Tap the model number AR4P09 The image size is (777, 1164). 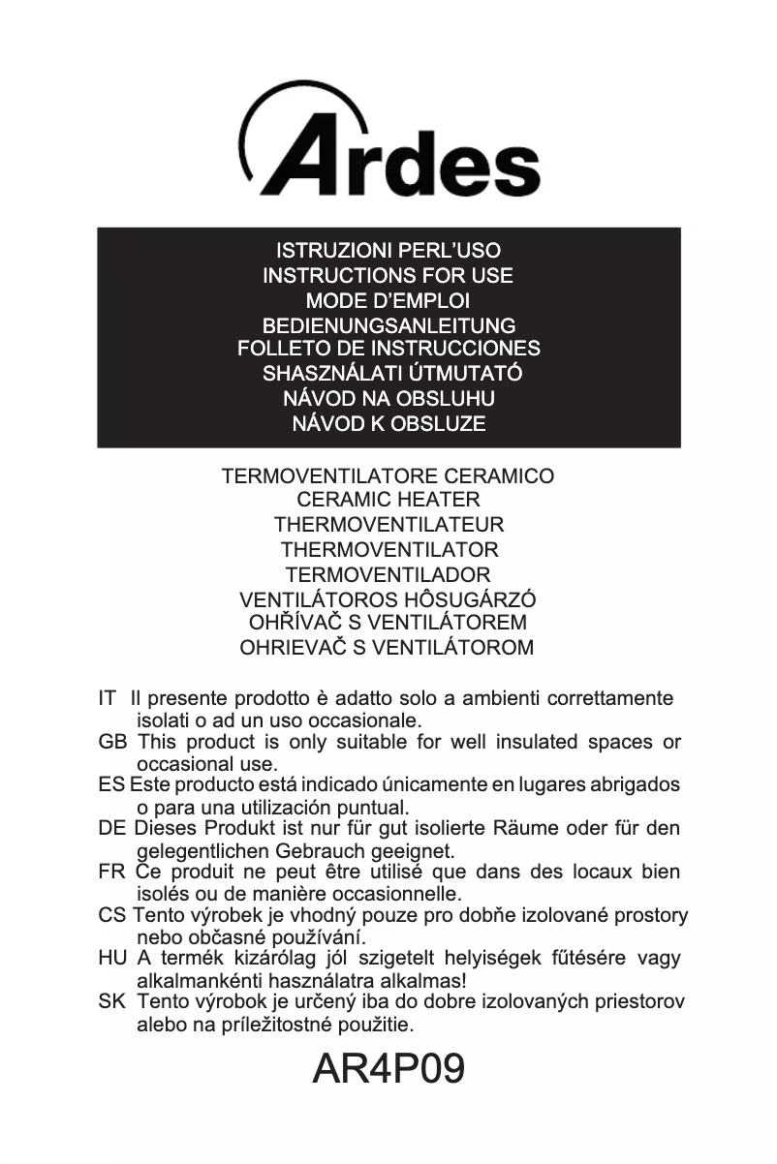(x=389, y=1068)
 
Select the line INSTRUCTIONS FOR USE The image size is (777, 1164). (x=388, y=276)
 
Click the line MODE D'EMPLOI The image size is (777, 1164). (x=388, y=301)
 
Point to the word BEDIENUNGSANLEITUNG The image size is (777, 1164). (x=388, y=326)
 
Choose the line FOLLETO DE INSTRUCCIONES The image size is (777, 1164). (x=388, y=349)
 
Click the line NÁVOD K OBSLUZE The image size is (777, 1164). (x=388, y=423)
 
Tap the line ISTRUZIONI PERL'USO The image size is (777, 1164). (x=388, y=251)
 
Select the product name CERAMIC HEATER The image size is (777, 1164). (x=388, y=501)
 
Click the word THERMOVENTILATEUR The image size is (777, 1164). (x=388, y=526)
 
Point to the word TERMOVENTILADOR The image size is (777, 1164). (x=388, y=574)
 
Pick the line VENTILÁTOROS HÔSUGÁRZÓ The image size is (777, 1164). (x=388, y=599)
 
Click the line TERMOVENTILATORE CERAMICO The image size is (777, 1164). (x=388, y=476)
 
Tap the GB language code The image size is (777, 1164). (x=112, y=743)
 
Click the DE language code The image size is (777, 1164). (x=112, y=829)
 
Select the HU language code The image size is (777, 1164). (x=112, y=959)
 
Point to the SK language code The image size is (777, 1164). (x=111, y=1001)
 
